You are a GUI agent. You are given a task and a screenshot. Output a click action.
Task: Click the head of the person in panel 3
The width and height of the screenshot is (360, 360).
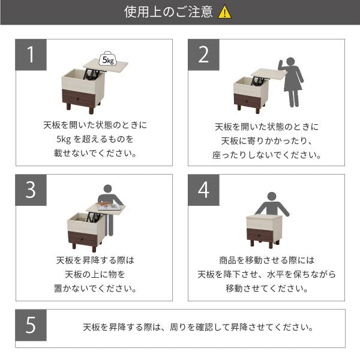(107, 188)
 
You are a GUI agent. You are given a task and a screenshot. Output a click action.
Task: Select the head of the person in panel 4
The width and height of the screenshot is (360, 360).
(271, 196)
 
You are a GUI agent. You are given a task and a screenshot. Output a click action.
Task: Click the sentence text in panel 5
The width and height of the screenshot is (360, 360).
(197, 328)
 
